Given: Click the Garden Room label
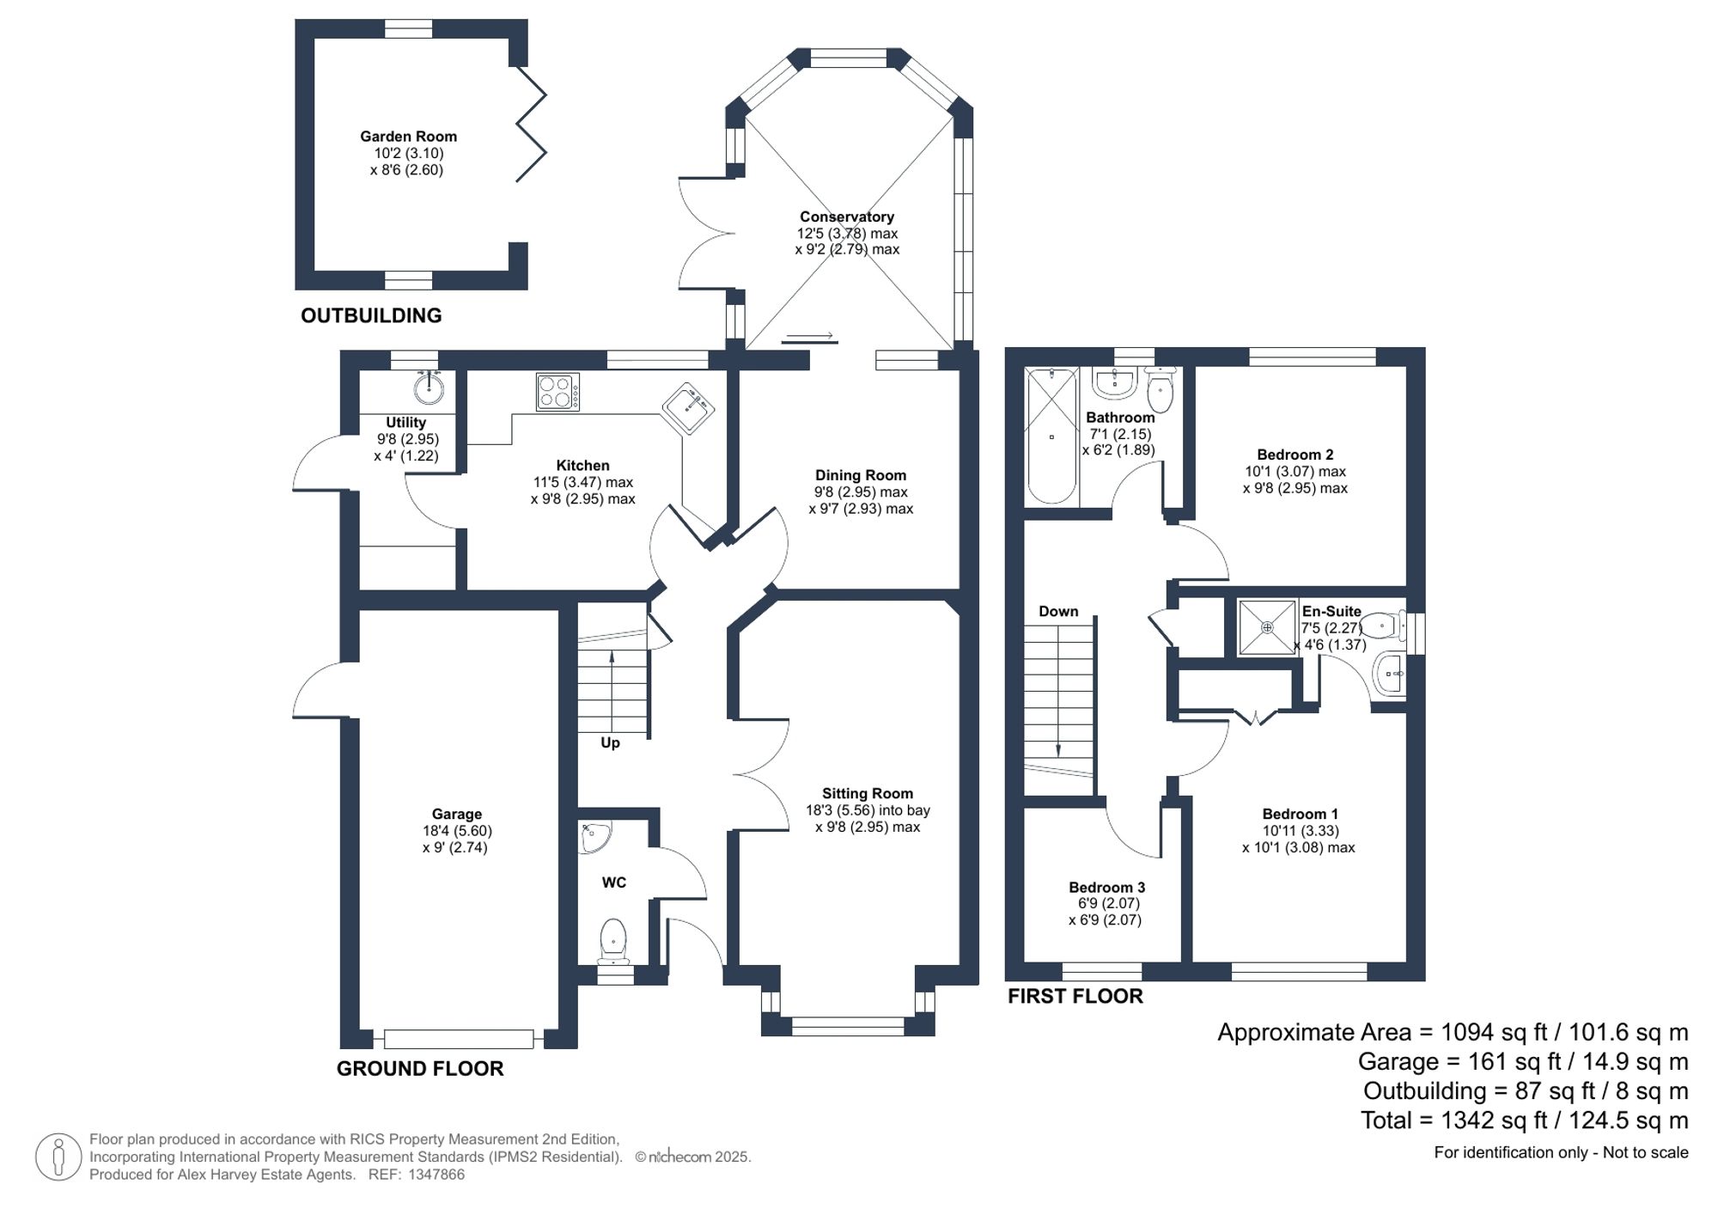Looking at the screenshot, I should click(x=408, y=137).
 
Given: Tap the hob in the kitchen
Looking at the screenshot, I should click(x=557, y=392).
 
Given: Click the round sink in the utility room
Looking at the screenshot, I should click(x=429, y=388).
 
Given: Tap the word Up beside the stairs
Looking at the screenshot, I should click(x=610, y=742).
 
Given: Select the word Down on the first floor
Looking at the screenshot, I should click(x=1057, y=612).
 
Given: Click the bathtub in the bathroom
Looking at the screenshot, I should click(x=1051, y=437).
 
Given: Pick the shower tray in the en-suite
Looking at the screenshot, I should click(x=1266, y=628).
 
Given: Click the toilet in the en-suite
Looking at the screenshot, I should click(x=1382, y=626).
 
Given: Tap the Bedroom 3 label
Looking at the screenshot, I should click(x=1106, y=887).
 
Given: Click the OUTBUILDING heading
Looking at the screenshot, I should click(x=371, y=315).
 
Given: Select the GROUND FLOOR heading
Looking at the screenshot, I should click(x=420, y=1068).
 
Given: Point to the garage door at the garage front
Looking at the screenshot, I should click(x=459, y=1039).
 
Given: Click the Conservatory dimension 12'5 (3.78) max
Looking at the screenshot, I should click(x=847, y=234).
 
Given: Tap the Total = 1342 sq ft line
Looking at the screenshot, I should click(x=1524, y=1120).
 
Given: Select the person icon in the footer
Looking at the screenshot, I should click(x=58, y=1157).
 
